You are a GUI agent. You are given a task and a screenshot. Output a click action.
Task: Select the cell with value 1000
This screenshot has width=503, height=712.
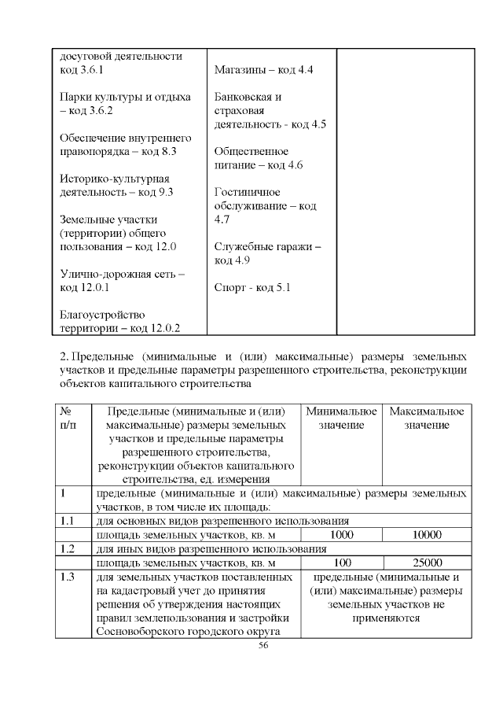point(342,534)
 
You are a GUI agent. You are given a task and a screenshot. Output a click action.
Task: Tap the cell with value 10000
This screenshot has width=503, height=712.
point(427,534)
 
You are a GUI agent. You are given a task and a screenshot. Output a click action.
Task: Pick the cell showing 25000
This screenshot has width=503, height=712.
point(427,563)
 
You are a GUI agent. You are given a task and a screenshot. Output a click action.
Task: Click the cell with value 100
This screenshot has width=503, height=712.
point(342,563)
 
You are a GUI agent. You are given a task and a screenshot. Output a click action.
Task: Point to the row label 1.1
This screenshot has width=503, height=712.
point(68,520)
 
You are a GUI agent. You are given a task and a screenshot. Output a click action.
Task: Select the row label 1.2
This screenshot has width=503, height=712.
point(68,548)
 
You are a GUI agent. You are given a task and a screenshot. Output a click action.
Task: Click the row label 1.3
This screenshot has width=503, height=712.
point(68,577)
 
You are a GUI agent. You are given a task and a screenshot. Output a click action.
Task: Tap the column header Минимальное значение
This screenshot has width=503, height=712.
point(342,418)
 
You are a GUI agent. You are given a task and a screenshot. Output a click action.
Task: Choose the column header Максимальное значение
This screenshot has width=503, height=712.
point(427,418)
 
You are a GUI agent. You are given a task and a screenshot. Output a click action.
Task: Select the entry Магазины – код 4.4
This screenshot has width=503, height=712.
point(264,70)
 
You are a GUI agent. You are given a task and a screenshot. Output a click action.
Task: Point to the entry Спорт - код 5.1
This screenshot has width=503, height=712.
point(252,287)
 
